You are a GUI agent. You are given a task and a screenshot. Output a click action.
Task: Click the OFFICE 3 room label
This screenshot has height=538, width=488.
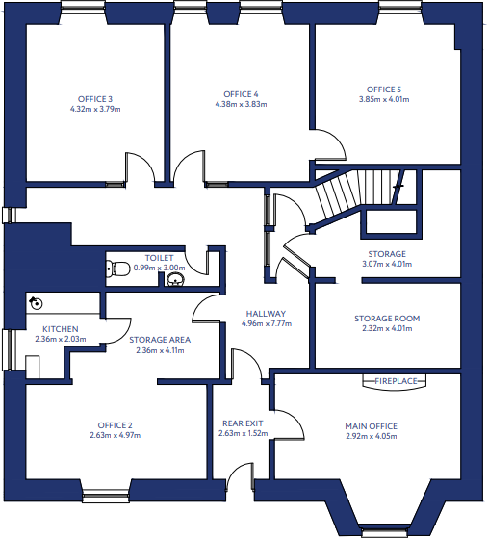point(95,98)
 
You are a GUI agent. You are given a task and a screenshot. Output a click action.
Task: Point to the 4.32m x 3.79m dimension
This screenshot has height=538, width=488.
point(95,109)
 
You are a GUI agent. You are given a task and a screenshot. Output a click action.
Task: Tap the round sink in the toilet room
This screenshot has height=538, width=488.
point(176,280)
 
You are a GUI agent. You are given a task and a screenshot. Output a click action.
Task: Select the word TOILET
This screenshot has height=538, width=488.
point(159,258)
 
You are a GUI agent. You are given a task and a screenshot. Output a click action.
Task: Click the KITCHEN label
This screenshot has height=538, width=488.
point(61,329)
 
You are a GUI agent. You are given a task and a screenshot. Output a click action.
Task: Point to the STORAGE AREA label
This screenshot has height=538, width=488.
point(159,339)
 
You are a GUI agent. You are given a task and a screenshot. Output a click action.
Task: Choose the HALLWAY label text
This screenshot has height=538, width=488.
point(265,314)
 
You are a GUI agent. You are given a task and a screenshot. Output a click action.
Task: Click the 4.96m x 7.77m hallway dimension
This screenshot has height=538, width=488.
point(265,324)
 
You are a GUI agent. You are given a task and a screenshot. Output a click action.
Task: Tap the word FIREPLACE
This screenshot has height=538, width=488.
point(397,381)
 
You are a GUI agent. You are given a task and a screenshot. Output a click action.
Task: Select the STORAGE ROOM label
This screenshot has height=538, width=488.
point(386,319)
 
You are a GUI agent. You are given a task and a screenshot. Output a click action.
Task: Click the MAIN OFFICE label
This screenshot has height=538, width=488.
point(371,425)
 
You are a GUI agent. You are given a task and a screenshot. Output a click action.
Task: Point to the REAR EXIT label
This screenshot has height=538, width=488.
point(243,423)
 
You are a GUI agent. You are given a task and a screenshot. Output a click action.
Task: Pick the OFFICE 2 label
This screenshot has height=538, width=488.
point(115,424)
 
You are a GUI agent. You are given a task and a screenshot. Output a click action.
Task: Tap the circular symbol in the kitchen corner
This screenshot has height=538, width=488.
point(37,302)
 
